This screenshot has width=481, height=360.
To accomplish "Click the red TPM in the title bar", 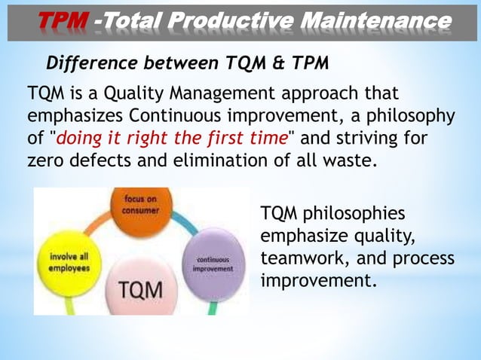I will click(63, 23).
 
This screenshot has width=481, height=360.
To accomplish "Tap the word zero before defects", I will click(47, 160).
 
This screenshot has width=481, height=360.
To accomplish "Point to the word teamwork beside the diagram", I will click(297, 258).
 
